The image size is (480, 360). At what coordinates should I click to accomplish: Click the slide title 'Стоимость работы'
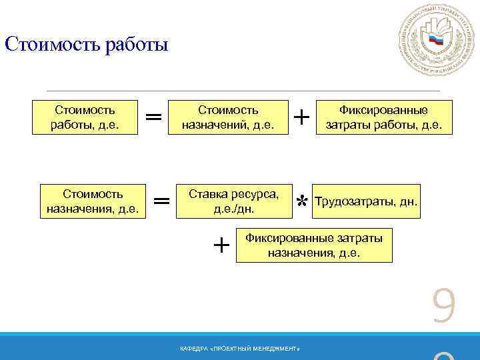(x=87, y=46)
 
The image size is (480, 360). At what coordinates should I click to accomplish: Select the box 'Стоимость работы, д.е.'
(x=84, y=117)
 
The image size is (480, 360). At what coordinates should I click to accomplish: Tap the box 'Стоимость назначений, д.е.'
(x=229, y=117)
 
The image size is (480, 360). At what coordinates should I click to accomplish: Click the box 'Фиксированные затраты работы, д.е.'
(x=383, y=117)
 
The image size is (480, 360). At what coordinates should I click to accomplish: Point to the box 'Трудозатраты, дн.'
(x=366, y=201)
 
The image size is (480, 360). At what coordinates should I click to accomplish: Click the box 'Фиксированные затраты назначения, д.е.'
(x=314, y=245)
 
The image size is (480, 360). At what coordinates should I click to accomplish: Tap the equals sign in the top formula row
(x=153, y=117)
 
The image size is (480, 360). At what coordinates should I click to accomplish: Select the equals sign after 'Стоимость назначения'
(x=161, y=201)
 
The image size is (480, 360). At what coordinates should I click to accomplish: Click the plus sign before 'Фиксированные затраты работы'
(x=301, y=117)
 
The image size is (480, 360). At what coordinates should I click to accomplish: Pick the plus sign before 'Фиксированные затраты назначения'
(x=221, y=245)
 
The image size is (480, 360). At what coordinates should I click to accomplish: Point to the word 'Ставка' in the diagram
(x=207, y=195)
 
